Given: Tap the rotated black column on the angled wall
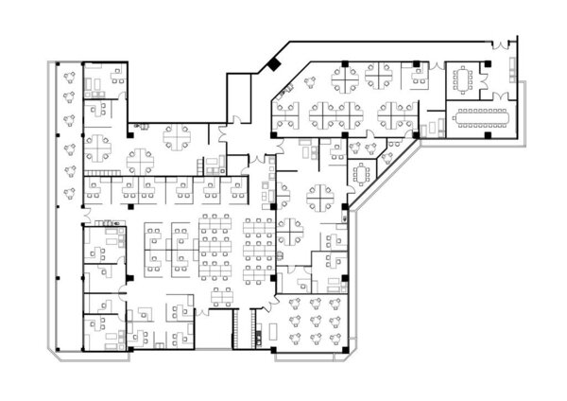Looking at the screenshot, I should coord(273,64).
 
